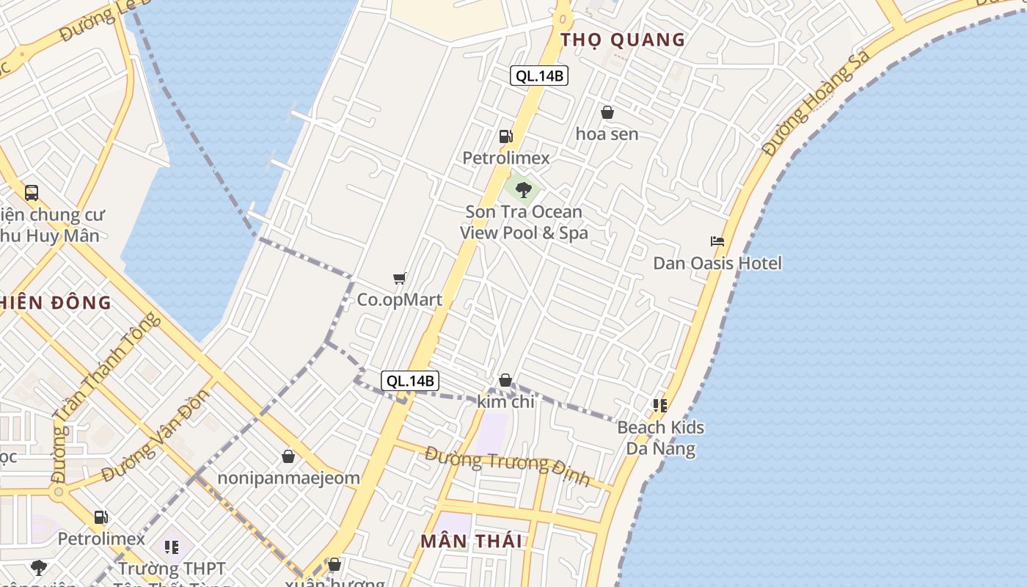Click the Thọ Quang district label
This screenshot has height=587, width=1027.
(623, 40)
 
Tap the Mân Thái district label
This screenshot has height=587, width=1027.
(471, 542)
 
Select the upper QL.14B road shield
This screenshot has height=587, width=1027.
(540, 76)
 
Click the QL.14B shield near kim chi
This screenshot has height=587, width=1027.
(410, 381)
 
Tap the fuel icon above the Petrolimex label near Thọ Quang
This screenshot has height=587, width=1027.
(505, 136)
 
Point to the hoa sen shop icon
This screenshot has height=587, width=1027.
(607, 112)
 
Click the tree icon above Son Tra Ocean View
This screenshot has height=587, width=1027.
(523, 190)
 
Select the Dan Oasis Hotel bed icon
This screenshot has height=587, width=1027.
(717, 241)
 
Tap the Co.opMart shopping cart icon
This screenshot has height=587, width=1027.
(400, 278)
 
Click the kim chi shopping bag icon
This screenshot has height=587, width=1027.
(505, 380)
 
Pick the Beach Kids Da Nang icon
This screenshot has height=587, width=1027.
(660, 405)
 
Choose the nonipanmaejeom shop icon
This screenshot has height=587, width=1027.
(288, 456)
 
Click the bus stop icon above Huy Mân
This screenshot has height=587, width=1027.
(32, 193)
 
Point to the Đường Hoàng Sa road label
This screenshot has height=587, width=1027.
(816, 103)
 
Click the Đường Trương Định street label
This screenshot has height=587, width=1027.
(508, 466)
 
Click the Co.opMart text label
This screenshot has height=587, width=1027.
(400, 299)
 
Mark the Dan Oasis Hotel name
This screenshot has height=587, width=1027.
(717, 263)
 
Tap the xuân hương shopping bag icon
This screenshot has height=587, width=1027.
(335, 564)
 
